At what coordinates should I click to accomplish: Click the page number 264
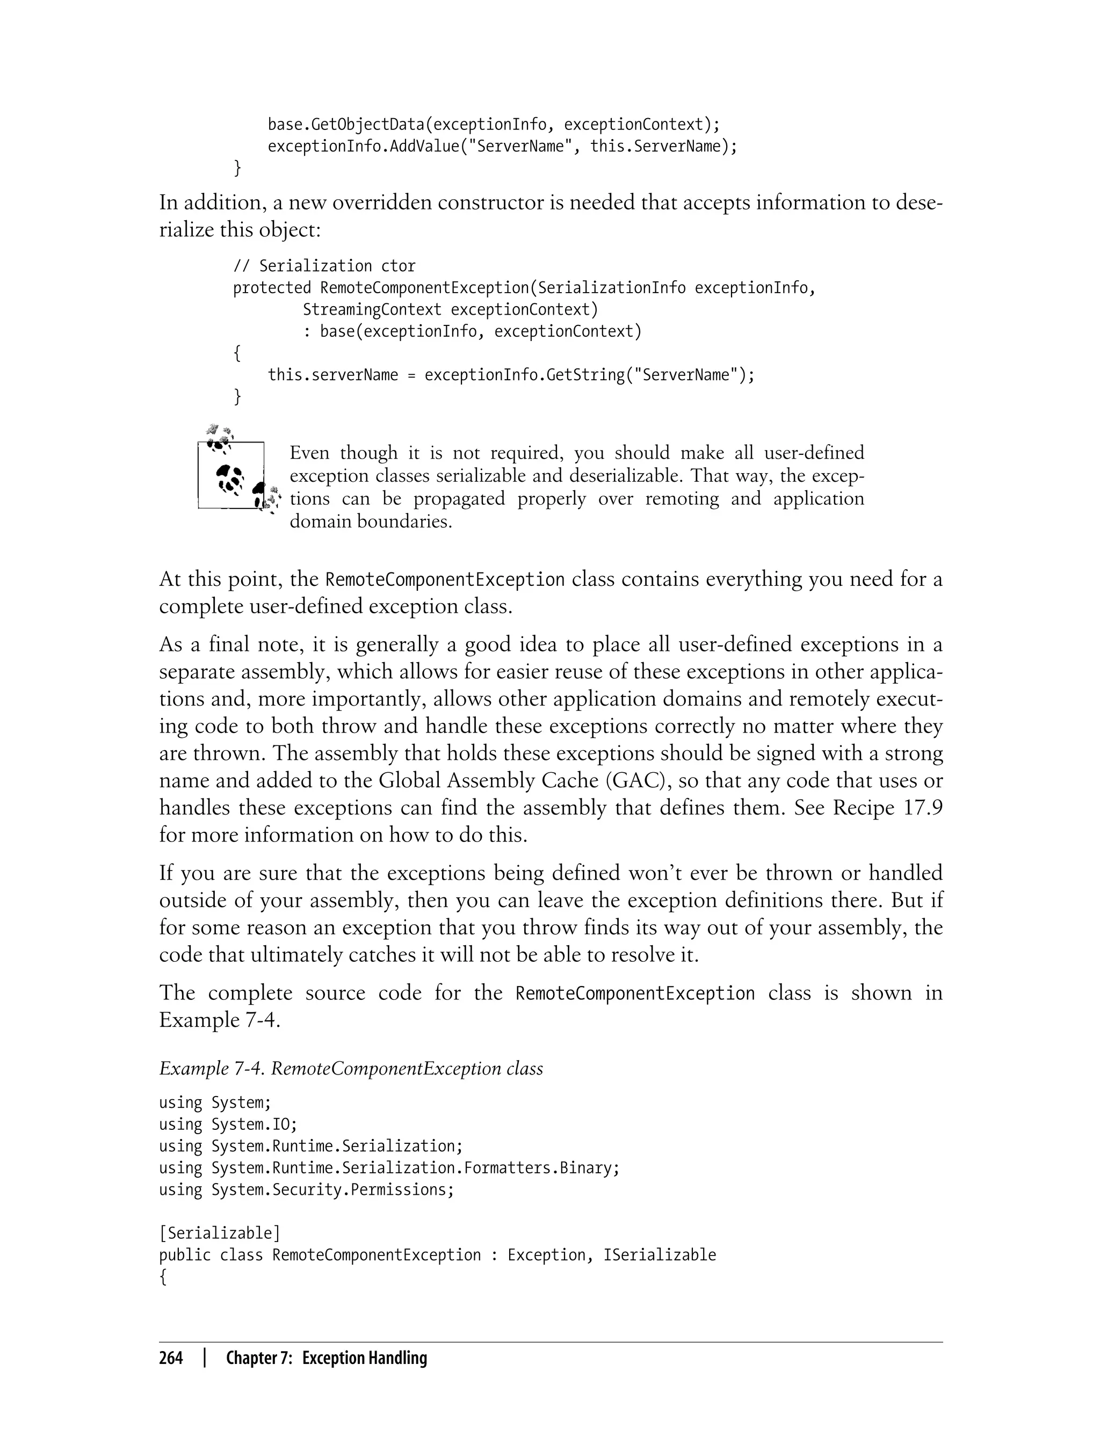coord(171,1358)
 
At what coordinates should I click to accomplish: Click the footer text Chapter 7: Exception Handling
coord(326,1358)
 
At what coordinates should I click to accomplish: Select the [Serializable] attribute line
coord(219,1233)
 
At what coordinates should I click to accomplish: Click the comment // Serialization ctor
coord(324,266)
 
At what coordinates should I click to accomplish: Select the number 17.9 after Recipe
coord(923,808)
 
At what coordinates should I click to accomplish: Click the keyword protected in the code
coord(272,288)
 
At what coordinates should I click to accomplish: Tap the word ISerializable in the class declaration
coord(660,1255)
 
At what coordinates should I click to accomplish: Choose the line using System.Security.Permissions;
coord(307,1189)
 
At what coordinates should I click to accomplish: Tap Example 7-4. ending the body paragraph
coord(219,1020)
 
